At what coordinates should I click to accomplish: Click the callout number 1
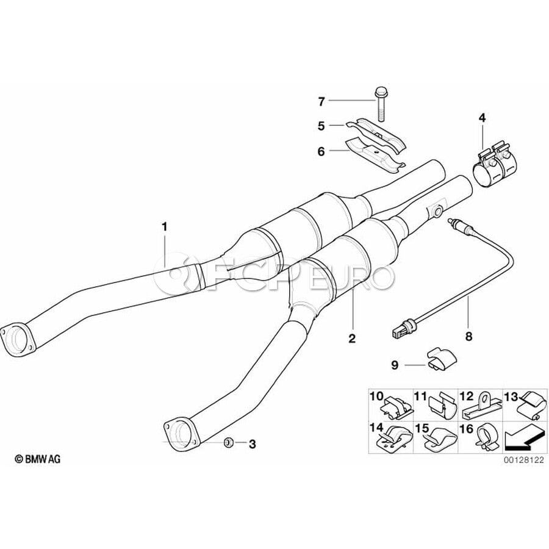pos(164,226)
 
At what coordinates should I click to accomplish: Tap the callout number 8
pos(468,335)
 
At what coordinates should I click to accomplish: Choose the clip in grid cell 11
pos(442,405)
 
